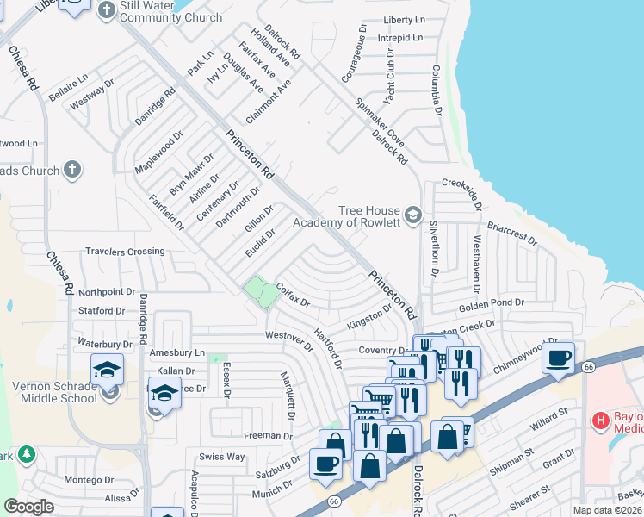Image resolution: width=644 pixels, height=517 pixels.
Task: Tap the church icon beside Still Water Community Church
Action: (107, 10)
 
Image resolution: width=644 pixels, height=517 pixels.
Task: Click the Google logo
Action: (28, 507)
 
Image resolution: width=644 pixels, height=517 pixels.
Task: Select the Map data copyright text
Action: (607, 510)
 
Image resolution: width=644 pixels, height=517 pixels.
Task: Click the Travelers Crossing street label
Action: (125, 252)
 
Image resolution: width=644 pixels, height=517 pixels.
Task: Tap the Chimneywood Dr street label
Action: (531, 354)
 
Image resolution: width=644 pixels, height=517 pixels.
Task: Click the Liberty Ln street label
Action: (405, 19)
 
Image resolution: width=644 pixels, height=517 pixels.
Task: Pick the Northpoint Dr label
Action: (107, 292)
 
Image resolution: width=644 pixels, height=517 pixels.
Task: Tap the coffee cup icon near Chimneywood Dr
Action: (558, 356)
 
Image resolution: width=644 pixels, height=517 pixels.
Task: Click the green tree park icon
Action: (27, 453)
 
